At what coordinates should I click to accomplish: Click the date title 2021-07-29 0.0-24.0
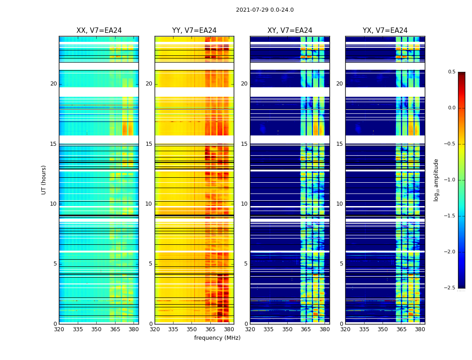tap(265, 10)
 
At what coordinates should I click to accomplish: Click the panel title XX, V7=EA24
tap(99, 31)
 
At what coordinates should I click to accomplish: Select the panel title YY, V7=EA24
tap(194, 31)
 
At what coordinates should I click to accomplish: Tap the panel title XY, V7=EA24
tap(290, 31)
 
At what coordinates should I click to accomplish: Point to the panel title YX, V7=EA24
tap(385, 31)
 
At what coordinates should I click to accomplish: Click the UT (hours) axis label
tap(44, 180)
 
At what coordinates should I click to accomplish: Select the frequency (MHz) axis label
tap(217, 338)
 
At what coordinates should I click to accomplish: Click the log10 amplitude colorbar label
tap(436, 180)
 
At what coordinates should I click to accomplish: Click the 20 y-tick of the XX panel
tap(53, 84)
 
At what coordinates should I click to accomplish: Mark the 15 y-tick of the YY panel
tap(149, 144)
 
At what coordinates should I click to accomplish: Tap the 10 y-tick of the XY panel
tap(244, 204)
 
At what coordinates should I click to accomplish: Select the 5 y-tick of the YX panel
tap(341, 264)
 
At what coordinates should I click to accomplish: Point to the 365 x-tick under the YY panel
tap(210, 329)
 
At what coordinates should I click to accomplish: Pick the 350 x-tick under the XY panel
tap(287, 329)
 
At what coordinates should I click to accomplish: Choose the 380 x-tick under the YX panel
tap(420, 329)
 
